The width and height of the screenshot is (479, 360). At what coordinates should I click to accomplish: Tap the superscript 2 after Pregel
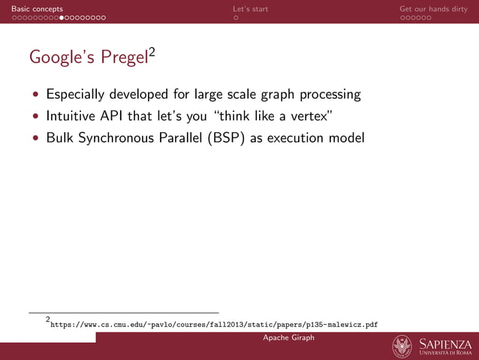tap(151, 51)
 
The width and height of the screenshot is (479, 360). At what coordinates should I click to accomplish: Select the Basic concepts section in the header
tap(32, 9)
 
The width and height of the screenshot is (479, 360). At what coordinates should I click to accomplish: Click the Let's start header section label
tap(250, 9)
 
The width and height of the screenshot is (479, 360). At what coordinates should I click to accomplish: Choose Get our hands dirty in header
tap(433, 9)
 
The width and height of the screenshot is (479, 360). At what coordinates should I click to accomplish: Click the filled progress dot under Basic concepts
tap(62, 17)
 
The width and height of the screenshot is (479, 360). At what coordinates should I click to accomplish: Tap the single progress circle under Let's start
tap(236, 17)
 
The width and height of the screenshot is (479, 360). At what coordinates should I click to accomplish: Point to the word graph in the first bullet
tap(278, 95)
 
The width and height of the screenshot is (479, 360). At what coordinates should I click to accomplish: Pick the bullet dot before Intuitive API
tap(35, 117)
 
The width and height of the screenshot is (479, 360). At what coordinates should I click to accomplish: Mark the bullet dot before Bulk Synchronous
tap(35, 139)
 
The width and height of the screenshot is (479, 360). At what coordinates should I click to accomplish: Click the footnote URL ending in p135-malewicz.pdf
tap(213, 325)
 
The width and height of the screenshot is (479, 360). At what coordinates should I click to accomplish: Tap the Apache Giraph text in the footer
tap(288, 338)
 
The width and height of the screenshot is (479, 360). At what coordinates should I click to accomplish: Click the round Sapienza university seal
tap(402, 346)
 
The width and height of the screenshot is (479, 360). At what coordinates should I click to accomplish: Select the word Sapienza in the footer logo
tap(445, 343)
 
